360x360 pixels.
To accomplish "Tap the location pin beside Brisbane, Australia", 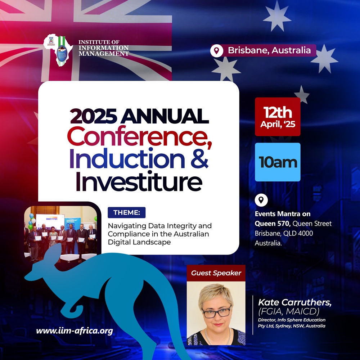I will click(216, 51).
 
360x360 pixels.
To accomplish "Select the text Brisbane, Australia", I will click(269, 50).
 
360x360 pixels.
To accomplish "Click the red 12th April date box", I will click(277, 117).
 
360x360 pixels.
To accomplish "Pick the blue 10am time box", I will click(277, 162).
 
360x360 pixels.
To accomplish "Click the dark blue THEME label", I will click(126, 212).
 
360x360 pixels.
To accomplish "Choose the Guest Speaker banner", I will click(216, 273).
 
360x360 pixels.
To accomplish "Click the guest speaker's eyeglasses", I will click(216, 312).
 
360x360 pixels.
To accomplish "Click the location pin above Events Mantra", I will click(261, 200).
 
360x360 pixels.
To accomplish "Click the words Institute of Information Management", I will click(103, 48).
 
